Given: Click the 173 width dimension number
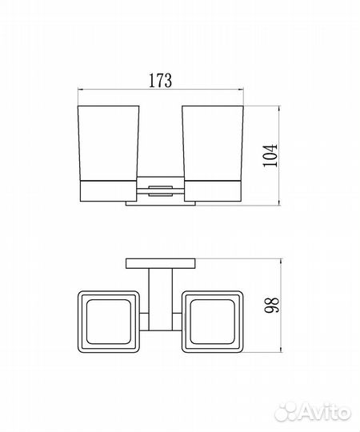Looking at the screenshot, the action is pyautogui.click(x=160, y=80).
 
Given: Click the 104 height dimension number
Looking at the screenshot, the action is pyautogui.click(x=270, y=155).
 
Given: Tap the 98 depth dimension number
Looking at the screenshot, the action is pyautogui.click(x=271, y=305).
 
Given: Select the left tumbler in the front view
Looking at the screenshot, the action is pyautogui.click(x=108, y=143).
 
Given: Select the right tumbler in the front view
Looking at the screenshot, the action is pyautogui.click(x=213, y=143).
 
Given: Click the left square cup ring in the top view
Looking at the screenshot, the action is pyautogui.click(x=78, y=322).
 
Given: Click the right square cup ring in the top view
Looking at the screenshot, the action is pyautogui.click(x=183, y=322).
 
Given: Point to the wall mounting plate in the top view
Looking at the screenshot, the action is pyautogui.click(x=161, y=263).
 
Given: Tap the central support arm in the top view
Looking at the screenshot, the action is pyautogui.click(x=161, y=300).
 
